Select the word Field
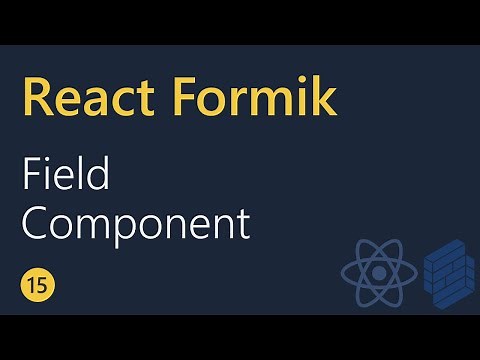tap(66, 176)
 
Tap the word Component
tap(136, 223)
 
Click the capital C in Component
tap(36, 223)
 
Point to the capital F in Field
tap(31, 176)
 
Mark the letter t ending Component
tap(243, 224)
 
